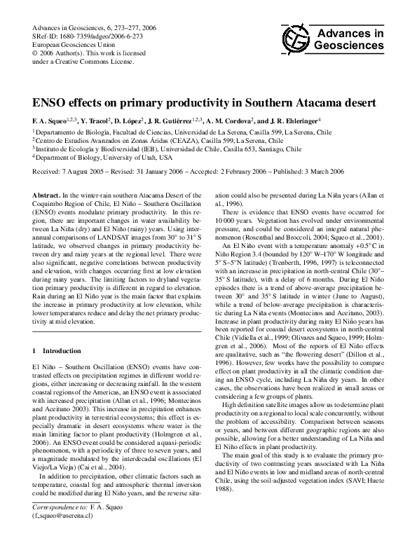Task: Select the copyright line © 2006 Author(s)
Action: coord(67,53)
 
